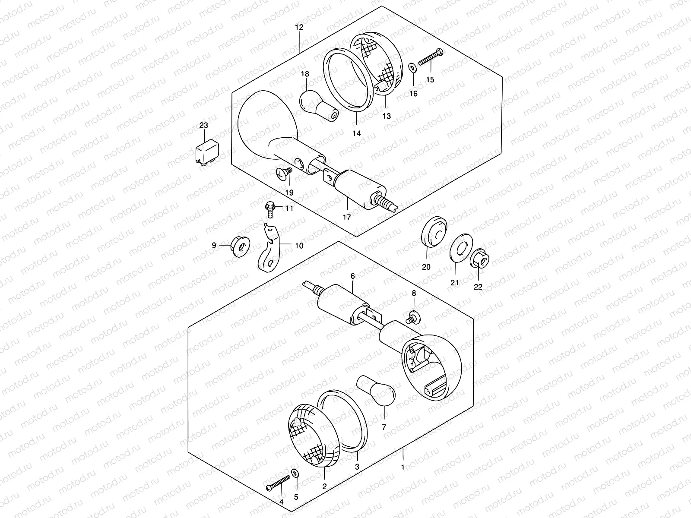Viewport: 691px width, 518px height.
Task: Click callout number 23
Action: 203,126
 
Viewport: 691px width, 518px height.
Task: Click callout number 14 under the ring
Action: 356,133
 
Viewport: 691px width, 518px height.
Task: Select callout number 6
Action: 352,275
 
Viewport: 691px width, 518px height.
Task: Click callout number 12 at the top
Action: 299,27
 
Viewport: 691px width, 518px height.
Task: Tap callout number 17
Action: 347,217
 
